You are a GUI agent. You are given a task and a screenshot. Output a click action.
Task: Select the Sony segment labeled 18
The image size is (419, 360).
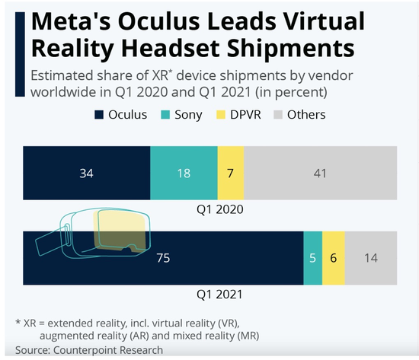183,174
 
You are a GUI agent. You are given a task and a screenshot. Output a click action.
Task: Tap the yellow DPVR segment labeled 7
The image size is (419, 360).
230,174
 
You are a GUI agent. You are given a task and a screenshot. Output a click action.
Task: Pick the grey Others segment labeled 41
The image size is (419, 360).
321,174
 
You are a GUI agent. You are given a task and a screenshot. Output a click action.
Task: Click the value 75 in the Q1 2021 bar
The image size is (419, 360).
162,257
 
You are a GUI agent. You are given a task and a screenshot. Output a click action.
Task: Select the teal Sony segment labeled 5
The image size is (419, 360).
312,257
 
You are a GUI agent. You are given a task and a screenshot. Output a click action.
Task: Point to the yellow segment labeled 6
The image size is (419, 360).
333,257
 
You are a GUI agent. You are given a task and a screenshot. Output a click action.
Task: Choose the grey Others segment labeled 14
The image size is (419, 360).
372,257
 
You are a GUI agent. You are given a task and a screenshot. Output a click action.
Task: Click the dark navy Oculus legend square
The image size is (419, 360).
99,115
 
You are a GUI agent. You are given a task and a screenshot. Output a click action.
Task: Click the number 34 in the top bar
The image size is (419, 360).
86,174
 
